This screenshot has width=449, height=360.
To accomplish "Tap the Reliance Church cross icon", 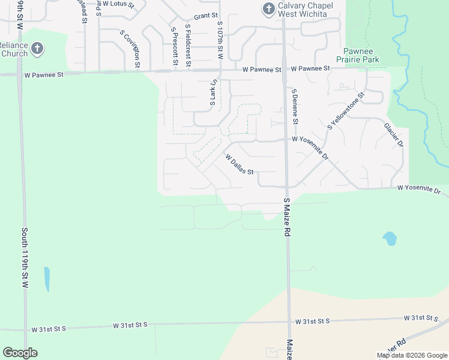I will (37, 49).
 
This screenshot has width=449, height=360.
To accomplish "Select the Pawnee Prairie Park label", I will (362, 56).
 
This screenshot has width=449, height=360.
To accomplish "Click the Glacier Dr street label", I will (394, 136).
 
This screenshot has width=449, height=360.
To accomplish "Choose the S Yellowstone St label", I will (346, 111).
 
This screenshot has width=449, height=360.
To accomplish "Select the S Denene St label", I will (295, 106).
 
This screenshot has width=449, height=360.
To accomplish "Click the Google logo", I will (20, 353).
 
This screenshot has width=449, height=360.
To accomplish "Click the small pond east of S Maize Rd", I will (390, 239).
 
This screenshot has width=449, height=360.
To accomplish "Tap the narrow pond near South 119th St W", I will (47, 279).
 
